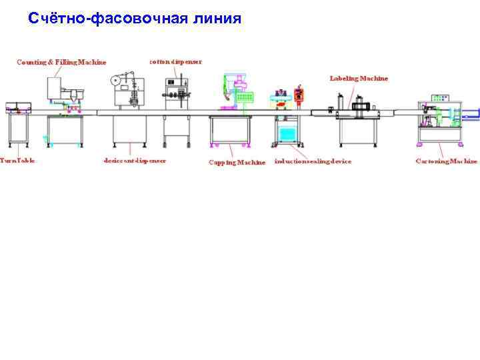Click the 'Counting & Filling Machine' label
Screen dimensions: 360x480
[x=61, y=62]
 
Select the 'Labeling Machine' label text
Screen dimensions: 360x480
[x=359, y=78]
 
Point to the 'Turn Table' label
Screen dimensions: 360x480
[x=17, y=161]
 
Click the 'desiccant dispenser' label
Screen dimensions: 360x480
[x=135, y=161]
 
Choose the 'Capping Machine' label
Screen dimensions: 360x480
[x=237, y=162]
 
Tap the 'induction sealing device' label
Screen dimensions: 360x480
[x=313, y=161]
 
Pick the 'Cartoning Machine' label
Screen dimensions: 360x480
[x=446, y=161]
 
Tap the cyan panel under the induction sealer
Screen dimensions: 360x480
[x=288, y=134]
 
